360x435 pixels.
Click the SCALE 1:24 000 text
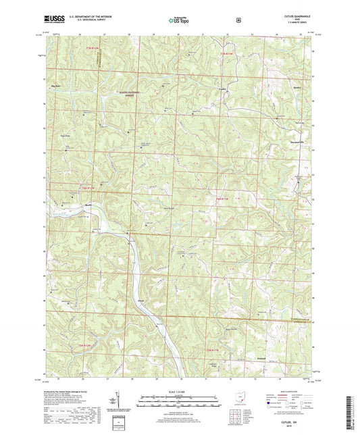point(179,392)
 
